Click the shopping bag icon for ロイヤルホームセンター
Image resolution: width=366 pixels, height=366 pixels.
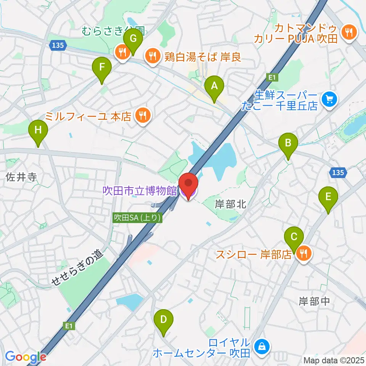[262, 347]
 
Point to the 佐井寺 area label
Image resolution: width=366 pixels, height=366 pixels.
[21, 177]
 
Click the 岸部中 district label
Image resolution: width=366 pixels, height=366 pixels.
[314, 302]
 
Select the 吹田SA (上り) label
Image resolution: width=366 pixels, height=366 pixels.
[138, 217]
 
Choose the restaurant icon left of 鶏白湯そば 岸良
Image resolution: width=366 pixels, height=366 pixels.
[122, 53]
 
